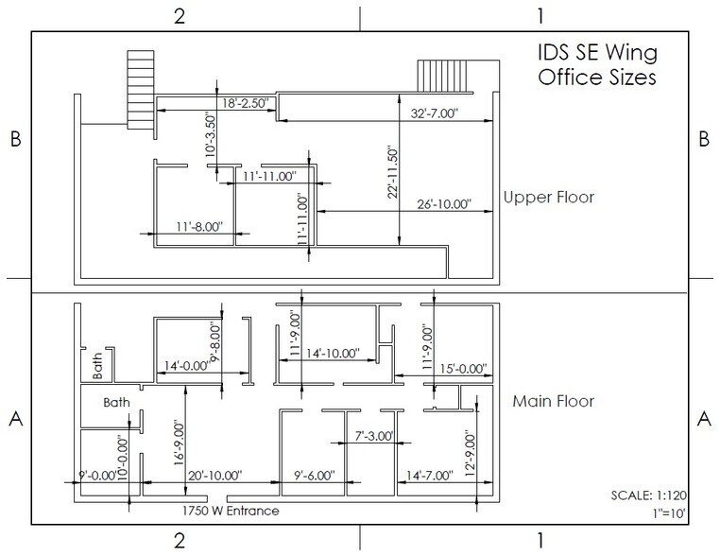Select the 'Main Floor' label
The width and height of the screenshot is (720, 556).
[x=553, y=401]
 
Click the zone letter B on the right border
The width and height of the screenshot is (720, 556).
[x=703, y=138]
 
